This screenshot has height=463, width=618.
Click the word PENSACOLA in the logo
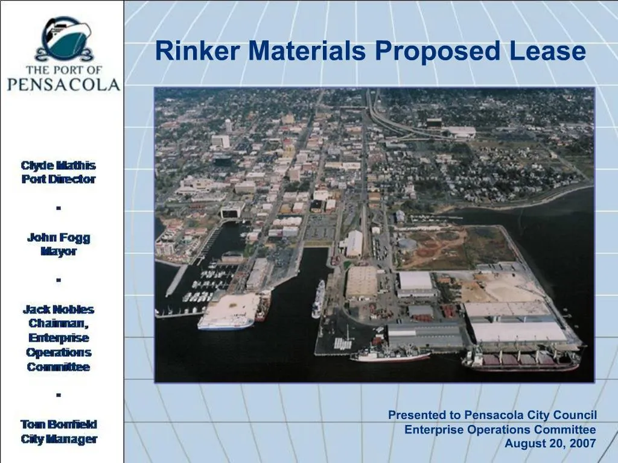(63, 84)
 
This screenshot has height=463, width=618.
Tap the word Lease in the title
(547, 51)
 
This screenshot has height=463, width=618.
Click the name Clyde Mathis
(59, 165)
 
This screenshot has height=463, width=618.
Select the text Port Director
(59, 179)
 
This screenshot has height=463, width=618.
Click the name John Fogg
(59, 238)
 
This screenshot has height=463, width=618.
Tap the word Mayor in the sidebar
(59, 251)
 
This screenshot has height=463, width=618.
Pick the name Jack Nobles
(59, 309)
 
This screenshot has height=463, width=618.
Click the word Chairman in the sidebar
(59, 324)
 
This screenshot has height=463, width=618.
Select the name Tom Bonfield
(59, 424)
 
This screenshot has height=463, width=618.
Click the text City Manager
(59, 439)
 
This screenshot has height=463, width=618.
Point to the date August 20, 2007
(550, 444)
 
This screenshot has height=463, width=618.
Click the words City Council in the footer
(561, 415)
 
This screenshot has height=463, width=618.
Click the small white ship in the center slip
(318, 299)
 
